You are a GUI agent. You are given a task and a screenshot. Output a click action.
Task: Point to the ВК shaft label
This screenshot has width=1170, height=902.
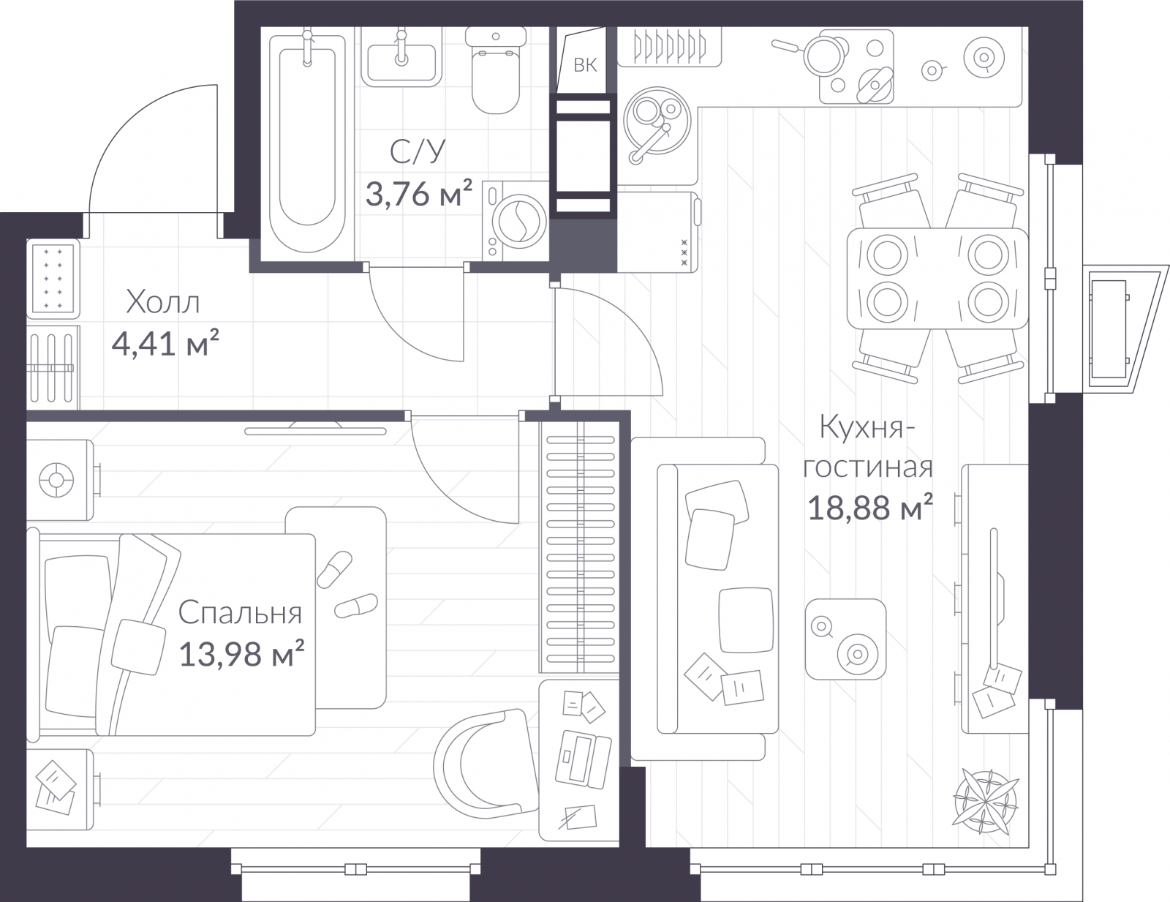click(x=585, y=65)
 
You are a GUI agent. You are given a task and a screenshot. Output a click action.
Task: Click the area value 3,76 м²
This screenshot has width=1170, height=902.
click(x=418, y=193)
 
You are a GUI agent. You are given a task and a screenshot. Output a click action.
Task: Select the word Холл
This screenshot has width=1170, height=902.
click(x=162, y=302)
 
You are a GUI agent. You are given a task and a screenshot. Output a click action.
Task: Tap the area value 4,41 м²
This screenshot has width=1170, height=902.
click(x=165, y=343)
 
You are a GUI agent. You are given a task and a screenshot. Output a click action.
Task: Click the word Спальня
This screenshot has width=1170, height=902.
click(x=240, y=613)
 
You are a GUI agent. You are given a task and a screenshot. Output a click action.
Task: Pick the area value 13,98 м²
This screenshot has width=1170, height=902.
click(x=241, y=654)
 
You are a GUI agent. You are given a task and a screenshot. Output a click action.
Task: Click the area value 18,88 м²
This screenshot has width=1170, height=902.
click(x=869, y=507)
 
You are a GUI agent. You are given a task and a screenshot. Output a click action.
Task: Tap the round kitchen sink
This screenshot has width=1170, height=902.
click(x=657, y=121)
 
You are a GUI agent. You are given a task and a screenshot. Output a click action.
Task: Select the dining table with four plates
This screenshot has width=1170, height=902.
click(x=937, y=279)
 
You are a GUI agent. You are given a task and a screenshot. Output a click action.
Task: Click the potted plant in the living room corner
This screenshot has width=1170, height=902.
click(x=986, y=803)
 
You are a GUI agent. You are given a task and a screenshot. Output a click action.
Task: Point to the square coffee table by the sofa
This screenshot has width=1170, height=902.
click(x=845, y=639)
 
